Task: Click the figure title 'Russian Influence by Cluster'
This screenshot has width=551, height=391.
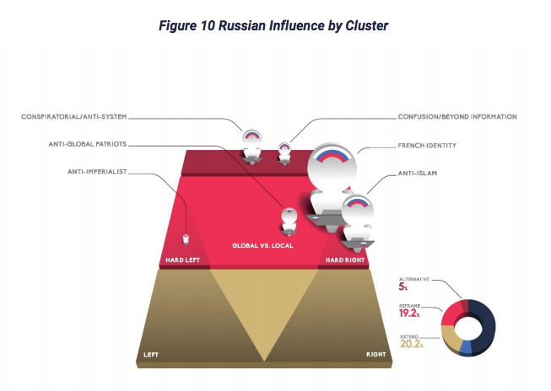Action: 303,25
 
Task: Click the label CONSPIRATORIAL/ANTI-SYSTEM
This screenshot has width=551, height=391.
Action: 73,117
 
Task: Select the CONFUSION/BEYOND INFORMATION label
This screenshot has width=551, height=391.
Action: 457,117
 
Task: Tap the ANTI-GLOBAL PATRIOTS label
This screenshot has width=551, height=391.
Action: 88,144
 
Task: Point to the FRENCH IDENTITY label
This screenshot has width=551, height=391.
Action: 427,146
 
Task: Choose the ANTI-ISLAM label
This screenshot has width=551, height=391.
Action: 418,173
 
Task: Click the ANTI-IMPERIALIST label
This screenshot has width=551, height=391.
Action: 97,172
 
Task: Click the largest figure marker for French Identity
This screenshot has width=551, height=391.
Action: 331,186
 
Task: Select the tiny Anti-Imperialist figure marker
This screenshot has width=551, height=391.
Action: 186,239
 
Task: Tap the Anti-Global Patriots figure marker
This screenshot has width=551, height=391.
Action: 289,221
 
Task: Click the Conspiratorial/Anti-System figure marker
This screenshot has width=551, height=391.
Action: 251,147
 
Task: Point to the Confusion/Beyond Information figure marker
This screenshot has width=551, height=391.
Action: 284,153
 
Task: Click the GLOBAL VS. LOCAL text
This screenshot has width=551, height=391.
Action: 263,246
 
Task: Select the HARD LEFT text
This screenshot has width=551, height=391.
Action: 183,260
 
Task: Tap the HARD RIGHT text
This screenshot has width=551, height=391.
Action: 345,260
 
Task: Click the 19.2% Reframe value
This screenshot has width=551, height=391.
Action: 409,313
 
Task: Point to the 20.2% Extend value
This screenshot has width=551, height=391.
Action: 412,344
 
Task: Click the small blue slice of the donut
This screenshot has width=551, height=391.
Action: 466,347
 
